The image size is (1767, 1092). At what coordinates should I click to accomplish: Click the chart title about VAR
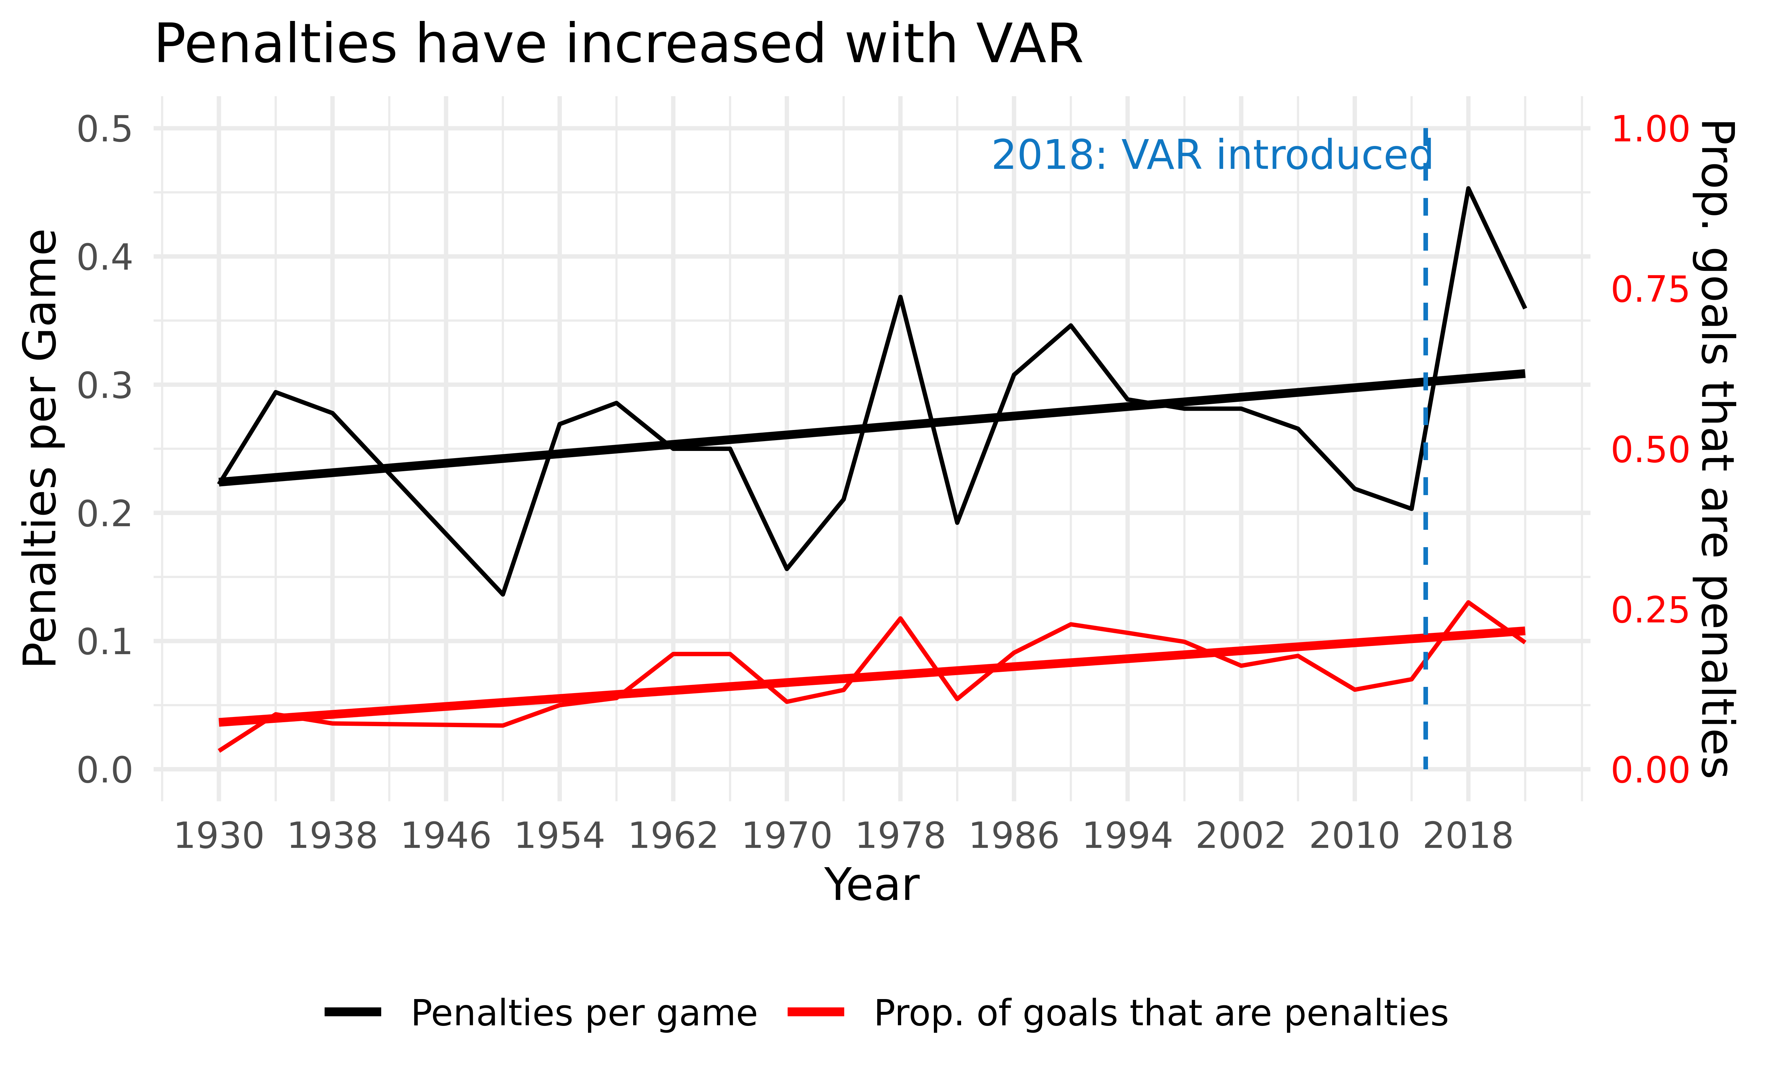[x=618, y=45]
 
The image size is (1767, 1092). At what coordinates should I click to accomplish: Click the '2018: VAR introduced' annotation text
[x=1211, y=155]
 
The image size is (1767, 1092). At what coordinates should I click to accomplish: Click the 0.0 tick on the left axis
[x=105, y=770]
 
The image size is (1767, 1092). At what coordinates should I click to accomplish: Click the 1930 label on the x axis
[x=219, y=836]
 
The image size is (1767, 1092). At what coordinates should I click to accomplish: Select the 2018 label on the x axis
[x=1468, y=836]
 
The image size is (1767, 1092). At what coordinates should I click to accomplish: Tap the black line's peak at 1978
[x=901, y=297]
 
